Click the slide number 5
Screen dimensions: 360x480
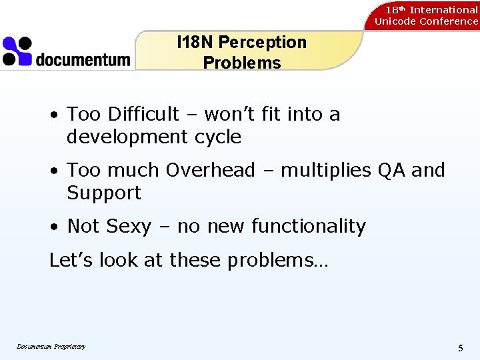(461, 348)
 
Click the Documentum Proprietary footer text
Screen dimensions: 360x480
(51, 346)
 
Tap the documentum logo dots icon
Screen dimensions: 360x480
(17, 51)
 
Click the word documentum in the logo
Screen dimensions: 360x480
(83, 59)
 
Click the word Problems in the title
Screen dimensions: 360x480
(242, 63)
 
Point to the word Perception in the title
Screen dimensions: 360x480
(262, 42)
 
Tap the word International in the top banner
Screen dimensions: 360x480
(443, 9)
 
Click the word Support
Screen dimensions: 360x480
(104, 193)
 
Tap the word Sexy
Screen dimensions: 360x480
(129, 227)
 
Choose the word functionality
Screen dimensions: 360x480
(309, 227)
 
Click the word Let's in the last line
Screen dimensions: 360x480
(71, 260)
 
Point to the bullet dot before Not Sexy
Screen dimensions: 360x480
(55, 227)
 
